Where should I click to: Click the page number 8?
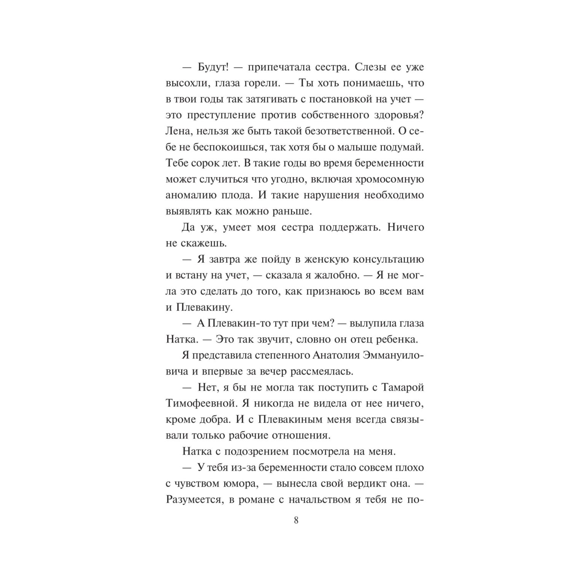click(296, 520)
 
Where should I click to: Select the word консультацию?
click(384, 259)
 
